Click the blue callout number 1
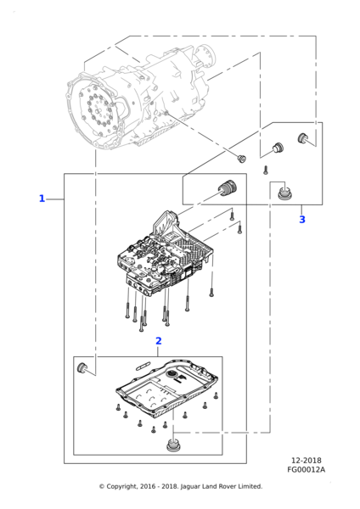pos(42,199)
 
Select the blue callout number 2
pos(158,341)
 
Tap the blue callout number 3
pos(302,220)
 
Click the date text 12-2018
pos(306,461)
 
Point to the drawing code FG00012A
pos(306,469)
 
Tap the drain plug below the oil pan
pos(172,445)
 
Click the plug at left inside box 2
pos(82,367)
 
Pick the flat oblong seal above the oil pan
pos(143,365)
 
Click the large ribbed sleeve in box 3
pos(227,187)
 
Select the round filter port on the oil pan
pos(171,375)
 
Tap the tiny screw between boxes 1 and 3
pos(266,170)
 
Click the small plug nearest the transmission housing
pos(241,159)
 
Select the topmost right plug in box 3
pos(303,138)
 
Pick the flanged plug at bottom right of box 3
pos(285,193)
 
